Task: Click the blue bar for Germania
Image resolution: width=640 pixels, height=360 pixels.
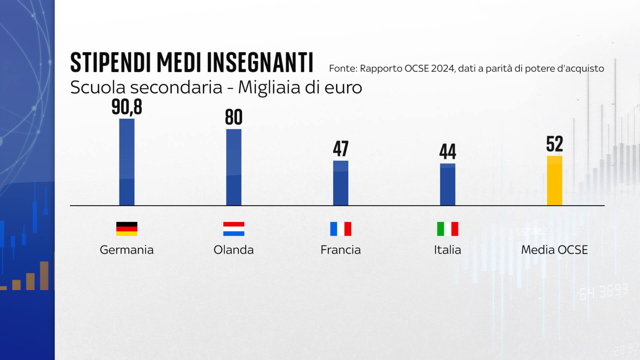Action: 127,162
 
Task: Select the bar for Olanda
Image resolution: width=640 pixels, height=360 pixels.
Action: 234,167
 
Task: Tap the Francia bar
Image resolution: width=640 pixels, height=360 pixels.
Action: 341,183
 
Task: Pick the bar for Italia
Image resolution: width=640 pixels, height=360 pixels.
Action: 447,184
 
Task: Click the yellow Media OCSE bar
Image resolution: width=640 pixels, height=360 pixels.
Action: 554,181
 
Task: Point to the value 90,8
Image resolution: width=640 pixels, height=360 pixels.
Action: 127,107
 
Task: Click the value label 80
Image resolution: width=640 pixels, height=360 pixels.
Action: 234,117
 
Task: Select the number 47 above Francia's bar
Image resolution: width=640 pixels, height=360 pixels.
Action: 341,149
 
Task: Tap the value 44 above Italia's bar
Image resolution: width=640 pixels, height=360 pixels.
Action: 447,152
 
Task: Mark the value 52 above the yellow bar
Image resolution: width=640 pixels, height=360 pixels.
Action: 554,144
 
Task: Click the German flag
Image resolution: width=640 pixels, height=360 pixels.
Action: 127,229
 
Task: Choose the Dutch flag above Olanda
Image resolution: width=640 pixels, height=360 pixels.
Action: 234,229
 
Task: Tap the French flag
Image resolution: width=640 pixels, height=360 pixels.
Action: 341,229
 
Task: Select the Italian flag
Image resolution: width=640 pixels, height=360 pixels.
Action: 447,229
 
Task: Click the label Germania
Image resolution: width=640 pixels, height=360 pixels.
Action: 127,250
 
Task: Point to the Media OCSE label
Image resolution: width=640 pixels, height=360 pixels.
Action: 554,250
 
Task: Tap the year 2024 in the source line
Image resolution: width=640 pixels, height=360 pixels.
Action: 442,69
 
